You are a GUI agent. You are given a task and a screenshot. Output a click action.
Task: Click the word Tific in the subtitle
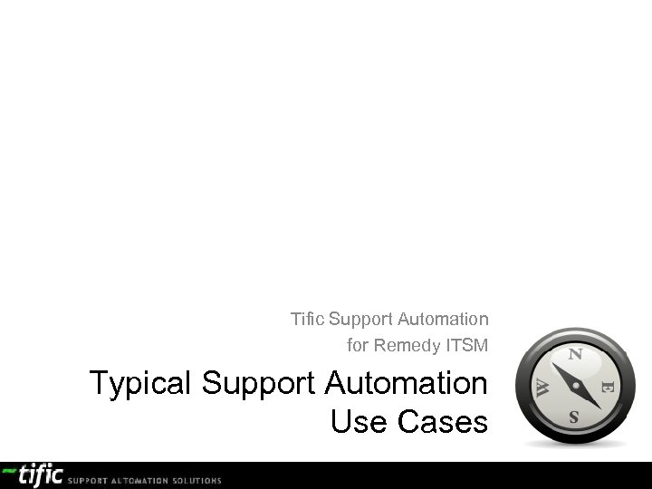pyautogui.click(x=308, y=320)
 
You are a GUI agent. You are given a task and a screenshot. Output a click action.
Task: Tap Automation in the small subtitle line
pyautogui.click(x=445, y=320)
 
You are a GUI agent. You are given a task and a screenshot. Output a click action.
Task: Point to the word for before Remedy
pyautogui.click(x=358, y=346)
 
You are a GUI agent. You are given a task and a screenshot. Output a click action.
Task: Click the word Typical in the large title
pyautogui.click(x=141, y=384)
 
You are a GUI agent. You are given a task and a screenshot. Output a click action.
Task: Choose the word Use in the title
pyautogui.click(x=360, y=421)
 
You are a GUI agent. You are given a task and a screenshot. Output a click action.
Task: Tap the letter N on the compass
pyautogui.click(x=574, y=355)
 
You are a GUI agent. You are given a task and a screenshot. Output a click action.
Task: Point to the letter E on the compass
pyautogui.click(x=608, y=387)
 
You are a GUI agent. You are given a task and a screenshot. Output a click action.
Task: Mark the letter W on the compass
pyautogui.click(x=540, y=387)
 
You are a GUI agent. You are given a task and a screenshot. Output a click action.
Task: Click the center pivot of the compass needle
pyautogui.click(x=574, y=387)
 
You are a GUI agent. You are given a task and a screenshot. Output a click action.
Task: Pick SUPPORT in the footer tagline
pyautogui.click(x=89, y=479)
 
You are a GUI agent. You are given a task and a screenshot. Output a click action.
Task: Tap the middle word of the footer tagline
pyautogui.click(x=135, y=479)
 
